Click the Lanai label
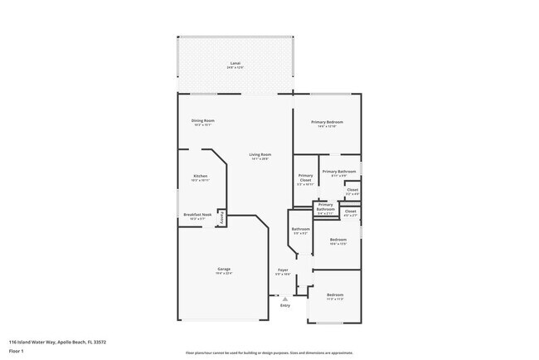tap(236, 64)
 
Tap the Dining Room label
tap(203, 122)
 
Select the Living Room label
tap(260, 155)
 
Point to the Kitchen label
tap(201, 177)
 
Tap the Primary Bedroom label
tap(327, 123)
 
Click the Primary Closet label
tap(305, 179)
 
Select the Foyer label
tap(283, 270)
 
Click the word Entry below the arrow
tap(285, 306)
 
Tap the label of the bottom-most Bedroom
tap(334, 296)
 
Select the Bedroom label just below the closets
tap(337, 241)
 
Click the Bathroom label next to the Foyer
tap(300, 230)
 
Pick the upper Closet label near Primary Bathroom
tap(352, 191)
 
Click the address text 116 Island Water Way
tap(57, 342)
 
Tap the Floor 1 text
tap(17, 350)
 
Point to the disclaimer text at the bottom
tap(269, 353)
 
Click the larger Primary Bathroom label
tap(338, 172)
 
